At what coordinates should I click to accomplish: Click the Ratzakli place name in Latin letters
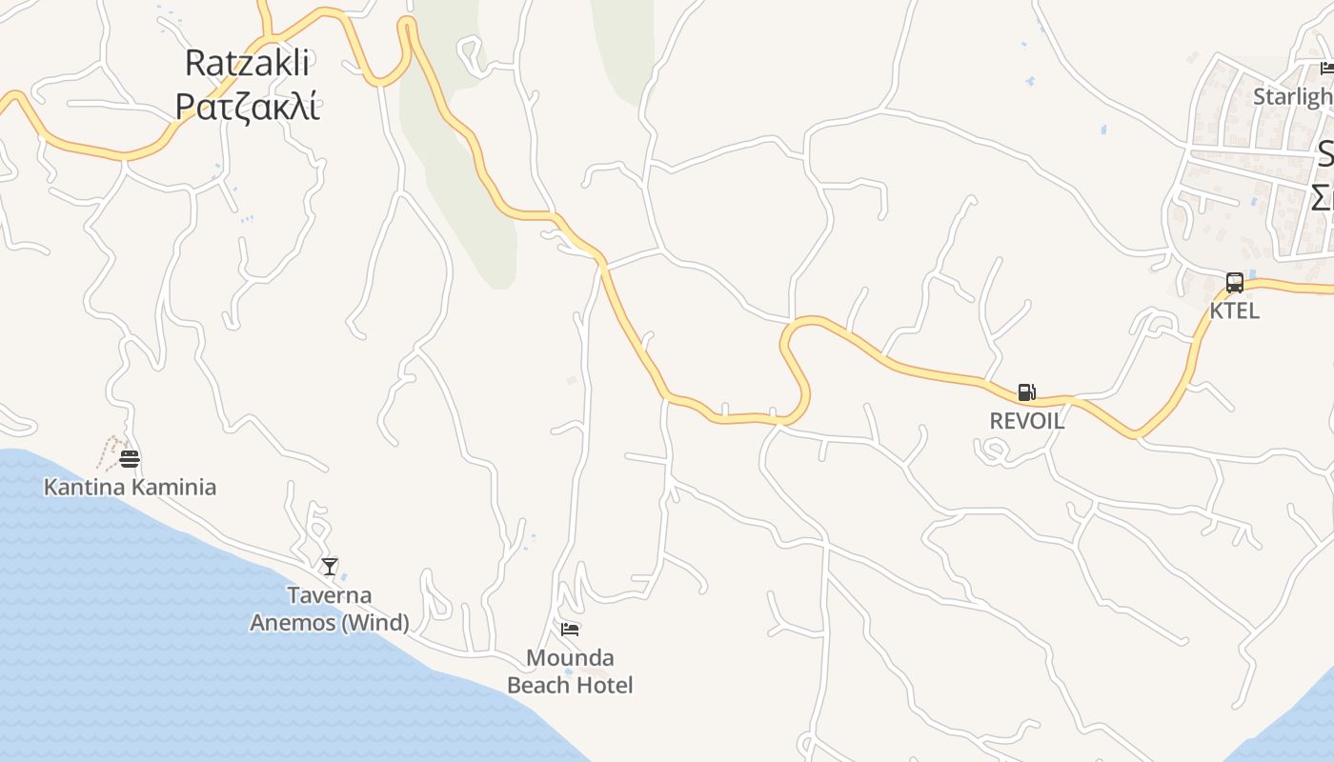click(247, 63)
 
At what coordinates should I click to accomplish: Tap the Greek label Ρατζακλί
click(247, 106)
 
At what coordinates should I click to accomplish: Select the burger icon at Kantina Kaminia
click(131, 459)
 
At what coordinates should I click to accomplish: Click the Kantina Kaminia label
click(130, 487)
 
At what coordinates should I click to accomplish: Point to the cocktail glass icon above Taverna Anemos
click(330, 567)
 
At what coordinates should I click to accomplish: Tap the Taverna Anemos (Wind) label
click(330, 609)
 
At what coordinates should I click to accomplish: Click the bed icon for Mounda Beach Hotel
click(570, 629)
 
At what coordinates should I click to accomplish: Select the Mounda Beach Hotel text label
click(570, 672)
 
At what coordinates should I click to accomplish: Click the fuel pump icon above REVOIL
click(1026, 392)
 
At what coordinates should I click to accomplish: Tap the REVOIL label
click(1026, 421)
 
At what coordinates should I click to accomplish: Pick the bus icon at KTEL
click(1235, 283)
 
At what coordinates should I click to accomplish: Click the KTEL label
click(1235, 311)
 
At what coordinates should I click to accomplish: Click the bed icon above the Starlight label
click(1327, 68)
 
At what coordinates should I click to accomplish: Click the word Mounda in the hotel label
click(570, 658)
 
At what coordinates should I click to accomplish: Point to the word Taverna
click(330, 595)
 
